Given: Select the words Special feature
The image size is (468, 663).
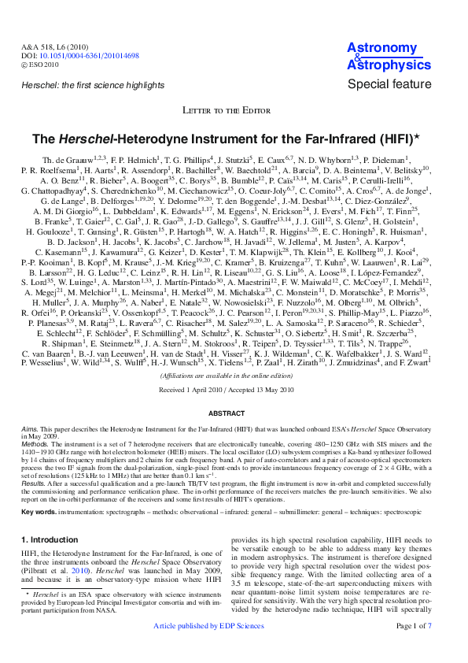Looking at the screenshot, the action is click(x=389, y=84).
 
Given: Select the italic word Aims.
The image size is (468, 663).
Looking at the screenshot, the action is click(x=30, y=426).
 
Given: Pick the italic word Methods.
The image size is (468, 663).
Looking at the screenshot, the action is click(x=35, y=444).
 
